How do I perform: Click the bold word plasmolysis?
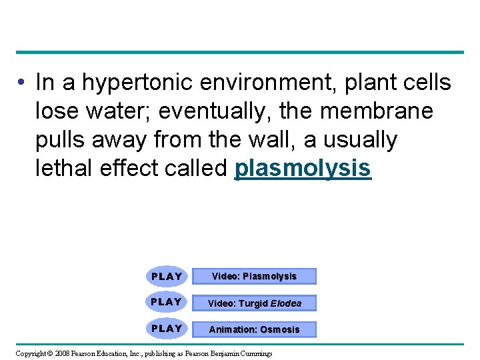tap(303, 169)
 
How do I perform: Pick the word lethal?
tap(65, 169)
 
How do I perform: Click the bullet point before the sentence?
tap(22, 83)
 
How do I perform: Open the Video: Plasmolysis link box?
tap(254, 276)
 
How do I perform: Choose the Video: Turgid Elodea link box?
tap(254, 303)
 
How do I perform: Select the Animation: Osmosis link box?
tap(254, 329)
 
